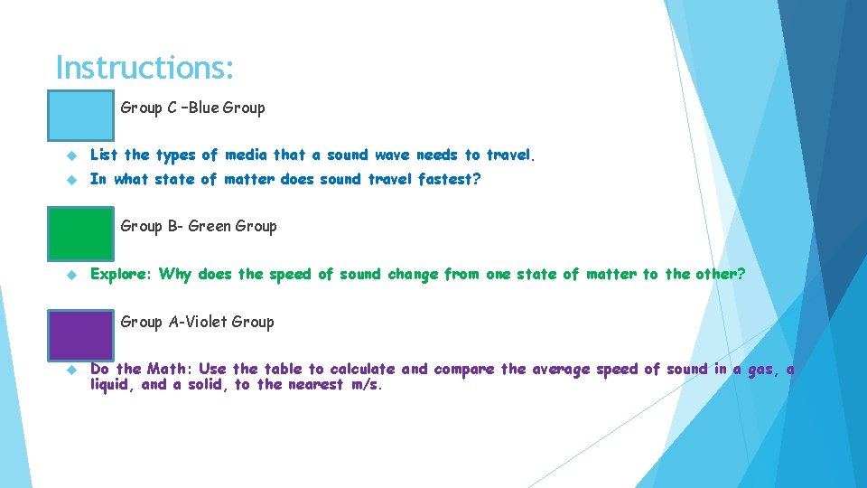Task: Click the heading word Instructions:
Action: [144, 67]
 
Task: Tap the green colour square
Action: [81, 232]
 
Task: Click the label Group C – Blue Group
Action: [192, 108]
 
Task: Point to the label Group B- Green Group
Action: [198, 226]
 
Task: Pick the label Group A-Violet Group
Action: [197, 322]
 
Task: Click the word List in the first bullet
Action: [104, 155]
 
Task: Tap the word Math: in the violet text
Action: [170, 369]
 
